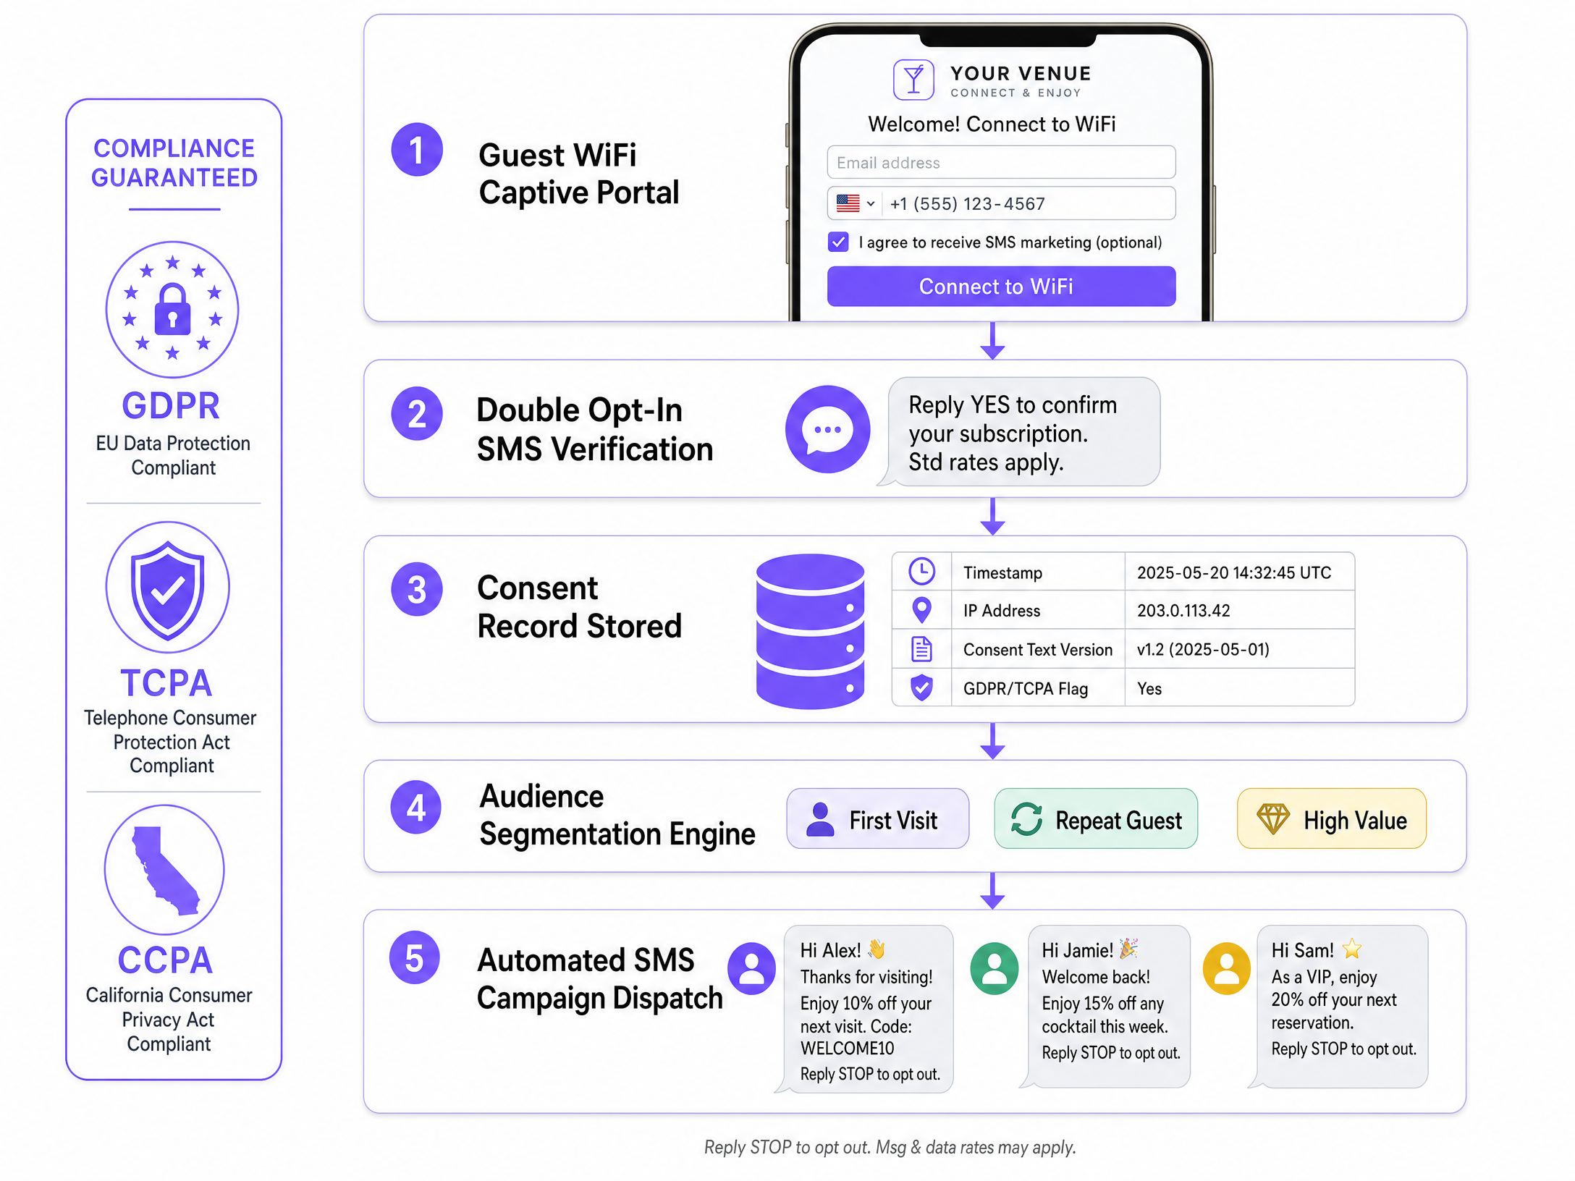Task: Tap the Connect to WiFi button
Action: coord(1000,287)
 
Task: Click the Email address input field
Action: coord(1000,162)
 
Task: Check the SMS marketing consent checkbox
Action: coord(838,242)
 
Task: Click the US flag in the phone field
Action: coord(848,203)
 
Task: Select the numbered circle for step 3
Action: coord(416,589)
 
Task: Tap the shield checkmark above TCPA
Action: coord(168,590)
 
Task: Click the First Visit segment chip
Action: coord(877,818)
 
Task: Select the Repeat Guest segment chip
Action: coord(1096,818)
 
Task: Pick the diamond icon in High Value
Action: coord(1272,819)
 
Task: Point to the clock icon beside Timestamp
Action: coord(921,572)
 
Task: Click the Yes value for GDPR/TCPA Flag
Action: coord(1149,689)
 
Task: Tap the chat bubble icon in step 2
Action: coord(827,429)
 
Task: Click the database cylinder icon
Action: coord(810,632)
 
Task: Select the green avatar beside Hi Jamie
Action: coord(995,968)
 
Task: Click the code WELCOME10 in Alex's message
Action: coord(847,1049)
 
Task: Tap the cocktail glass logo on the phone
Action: coord(913,80)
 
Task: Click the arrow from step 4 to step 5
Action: coord(992,891)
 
